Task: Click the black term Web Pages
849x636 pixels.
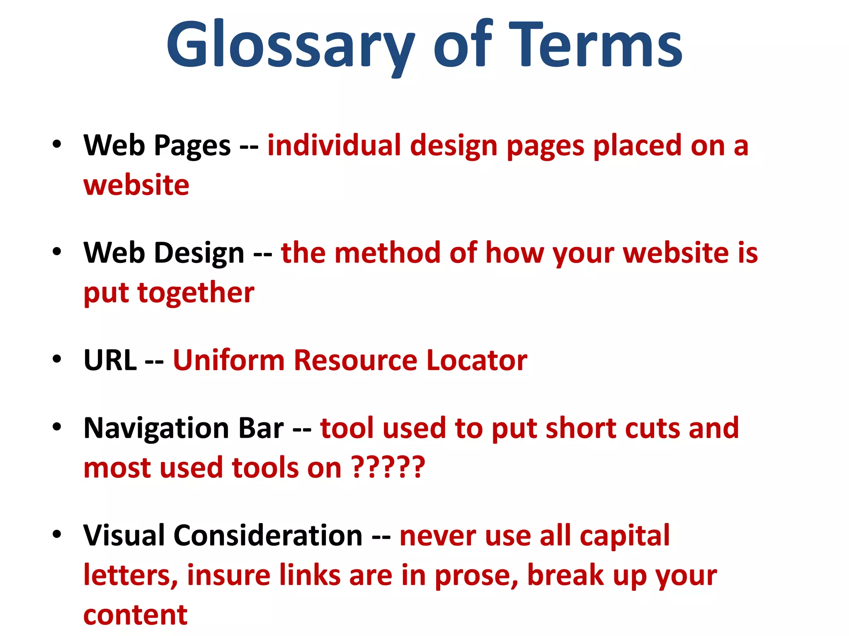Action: coord(157,146)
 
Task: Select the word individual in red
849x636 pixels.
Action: coord(334,146)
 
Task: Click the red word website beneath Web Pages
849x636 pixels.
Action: coord(136,185)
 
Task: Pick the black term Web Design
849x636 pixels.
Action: coord(164,253)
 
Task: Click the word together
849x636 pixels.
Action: coord(196,293)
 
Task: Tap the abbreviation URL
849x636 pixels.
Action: coord(110,360)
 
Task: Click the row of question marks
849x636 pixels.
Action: coord(388,467)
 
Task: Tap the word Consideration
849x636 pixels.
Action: coord(268,535)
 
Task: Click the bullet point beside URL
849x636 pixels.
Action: coord(57,359)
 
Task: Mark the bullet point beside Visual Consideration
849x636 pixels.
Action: coord(57,534)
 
